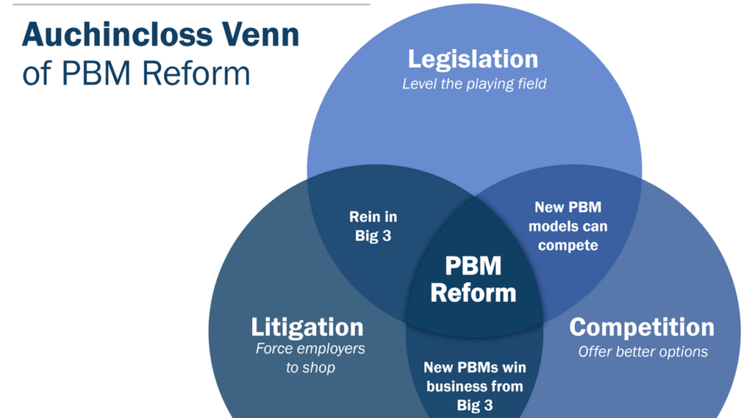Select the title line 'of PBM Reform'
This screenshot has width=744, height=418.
tap(137, 74)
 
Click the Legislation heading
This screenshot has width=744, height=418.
tap(473, 60)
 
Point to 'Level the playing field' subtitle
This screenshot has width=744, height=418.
tap(474, 83)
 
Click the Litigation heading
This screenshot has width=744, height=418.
tap(307, 327)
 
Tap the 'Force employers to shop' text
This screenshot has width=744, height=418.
tap(310, 358)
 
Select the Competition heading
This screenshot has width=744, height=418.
tap(642, 327)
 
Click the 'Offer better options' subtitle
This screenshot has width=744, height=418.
tap(643, 352)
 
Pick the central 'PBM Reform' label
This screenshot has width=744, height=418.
tap(473, 279)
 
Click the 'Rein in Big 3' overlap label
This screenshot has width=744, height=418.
tap(373, 226)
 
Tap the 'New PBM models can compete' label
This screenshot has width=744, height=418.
tap(568, 226)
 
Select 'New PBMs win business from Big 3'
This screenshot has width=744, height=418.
tap(474, 386)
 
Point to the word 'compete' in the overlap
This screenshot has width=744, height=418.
tap(568, 245)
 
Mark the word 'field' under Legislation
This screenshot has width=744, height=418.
tap(530, 83)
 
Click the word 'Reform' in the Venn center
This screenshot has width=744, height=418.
tap(473, 293)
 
